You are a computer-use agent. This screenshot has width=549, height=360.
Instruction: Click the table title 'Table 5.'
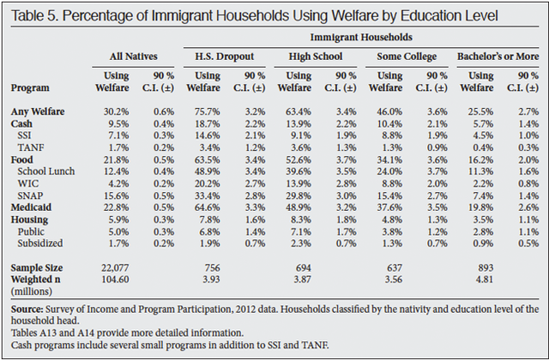(39, 15)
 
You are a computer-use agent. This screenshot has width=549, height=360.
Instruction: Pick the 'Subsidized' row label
(42, 253)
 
